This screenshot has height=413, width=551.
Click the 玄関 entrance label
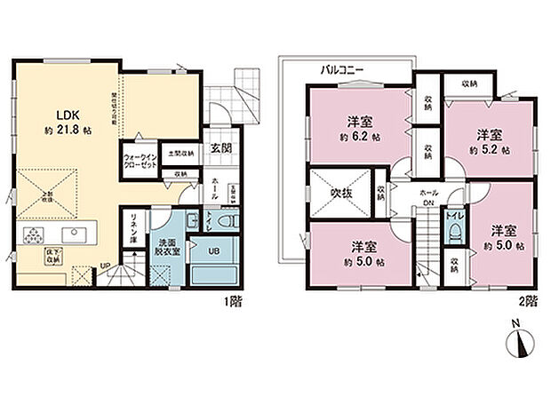(x=222, y=149)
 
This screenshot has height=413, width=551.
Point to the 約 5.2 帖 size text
(x=491, y=150)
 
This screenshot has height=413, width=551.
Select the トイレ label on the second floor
(x=453, y=214)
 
